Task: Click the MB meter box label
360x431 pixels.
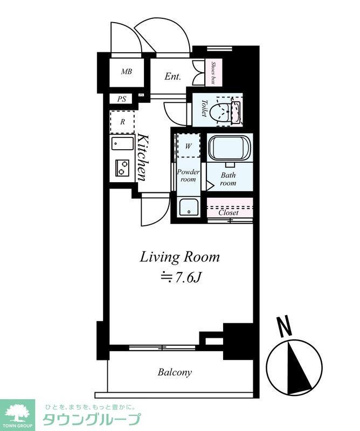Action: tap(127, 72)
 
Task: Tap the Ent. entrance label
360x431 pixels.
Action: tap(172, 76)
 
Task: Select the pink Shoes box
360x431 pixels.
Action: tap(213, 73)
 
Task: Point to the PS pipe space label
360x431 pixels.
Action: tap(122, 99)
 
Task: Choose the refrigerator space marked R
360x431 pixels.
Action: tap(122, 122)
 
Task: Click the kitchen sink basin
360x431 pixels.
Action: tap(122, 143)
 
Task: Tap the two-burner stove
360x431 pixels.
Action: tap(122, 168)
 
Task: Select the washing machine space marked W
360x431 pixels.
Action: tap(189, 145)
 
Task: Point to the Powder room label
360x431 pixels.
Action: tap(189, 176)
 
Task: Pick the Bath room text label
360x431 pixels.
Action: tap(228, 179)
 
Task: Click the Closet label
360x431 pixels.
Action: tap(229, 213)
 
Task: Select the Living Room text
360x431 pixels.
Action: tap(180, 258)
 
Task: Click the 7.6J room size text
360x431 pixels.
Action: tap(181, 277)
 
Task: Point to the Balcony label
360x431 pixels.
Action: tap(175, 372)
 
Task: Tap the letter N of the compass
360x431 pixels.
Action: tap(285, 326)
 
